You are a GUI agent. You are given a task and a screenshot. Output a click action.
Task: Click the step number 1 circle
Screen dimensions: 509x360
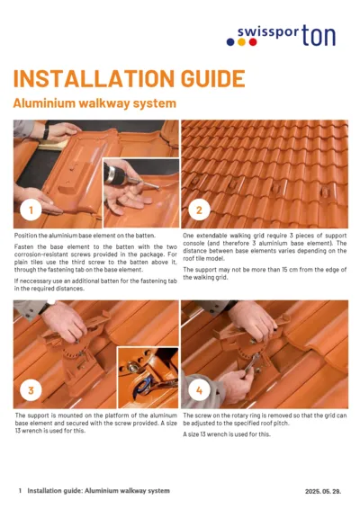point(31,211)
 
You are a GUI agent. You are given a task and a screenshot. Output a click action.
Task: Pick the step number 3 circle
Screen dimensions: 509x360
point(31,390)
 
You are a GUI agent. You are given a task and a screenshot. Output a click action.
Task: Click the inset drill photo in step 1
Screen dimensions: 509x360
point(139,192)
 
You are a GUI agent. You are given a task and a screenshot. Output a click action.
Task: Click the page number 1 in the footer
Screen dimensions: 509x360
point(20,491)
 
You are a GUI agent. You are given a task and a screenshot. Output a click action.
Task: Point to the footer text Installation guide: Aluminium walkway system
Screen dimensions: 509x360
point(98,491)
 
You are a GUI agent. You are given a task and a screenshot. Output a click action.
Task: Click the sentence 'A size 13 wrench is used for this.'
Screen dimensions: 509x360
point(226,434)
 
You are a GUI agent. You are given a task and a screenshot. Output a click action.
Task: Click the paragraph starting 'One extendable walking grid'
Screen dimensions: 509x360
point(265,248)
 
